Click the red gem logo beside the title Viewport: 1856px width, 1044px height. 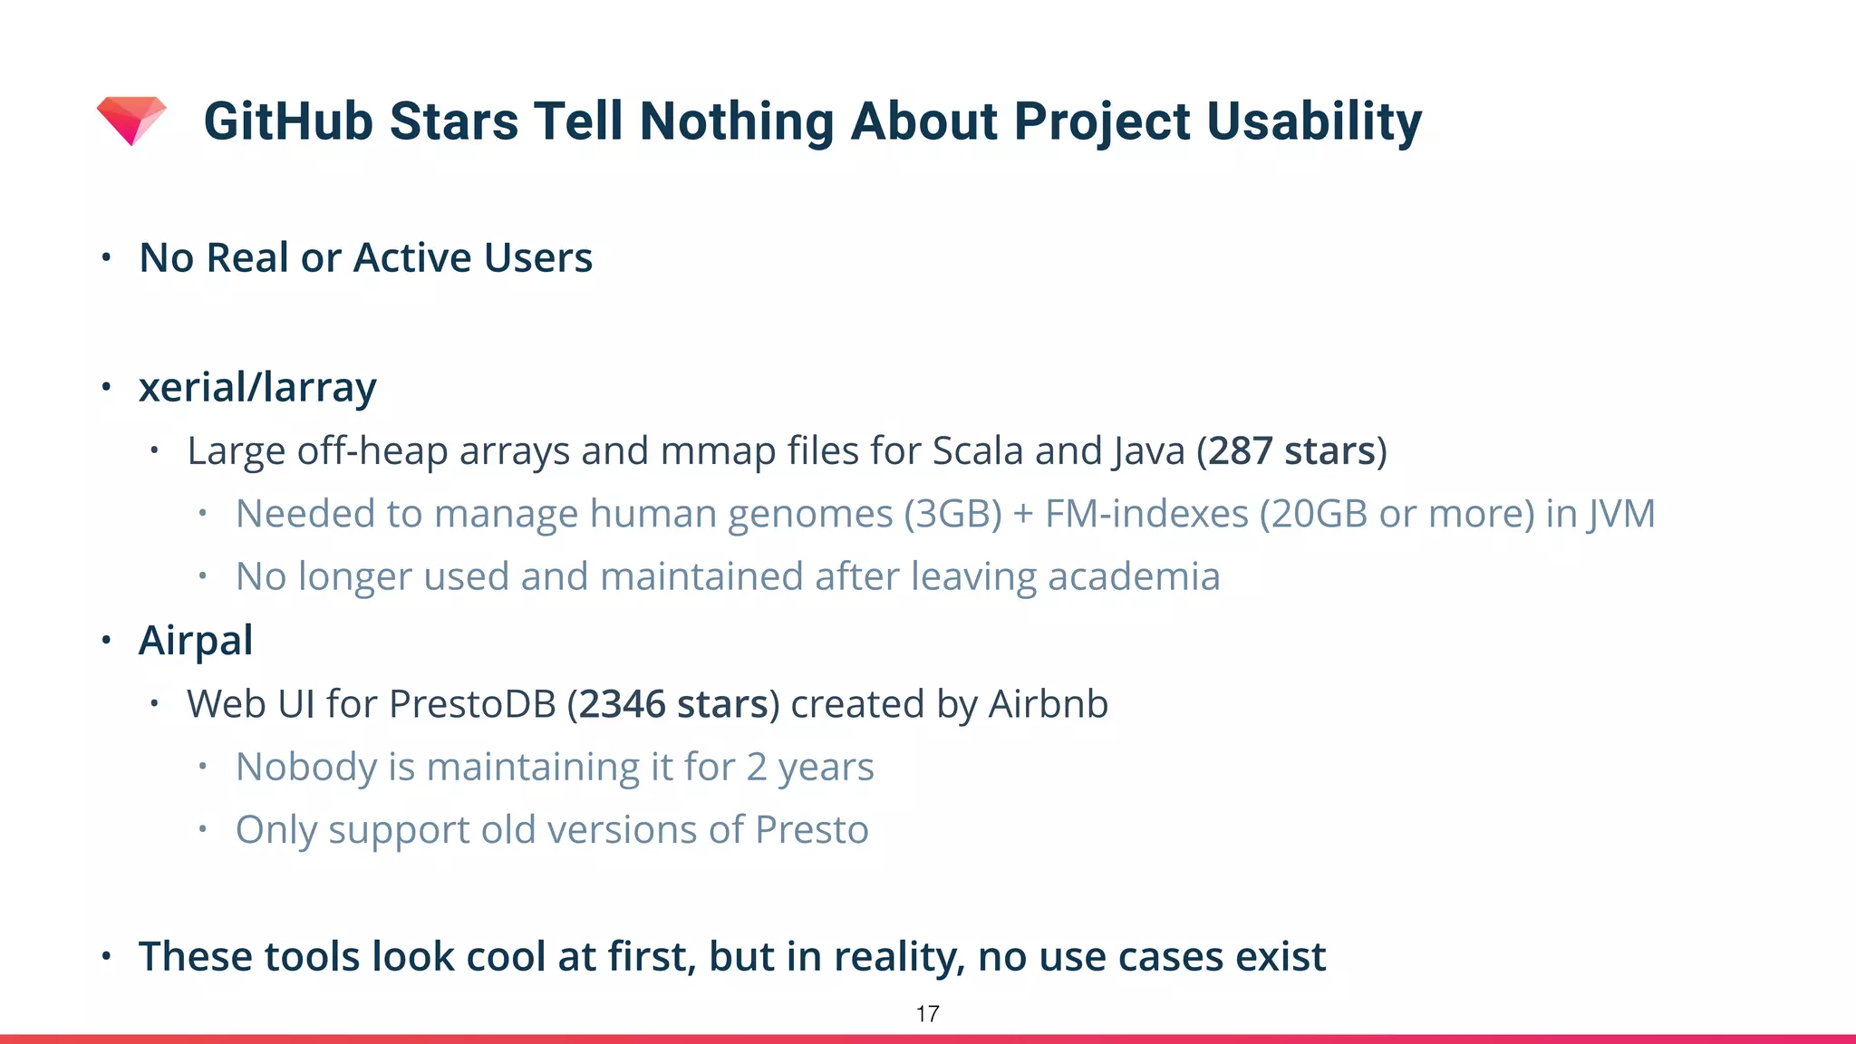click(131, 120)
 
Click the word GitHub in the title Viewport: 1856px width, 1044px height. click(287, 121)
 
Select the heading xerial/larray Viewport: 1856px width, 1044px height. click(257, 388)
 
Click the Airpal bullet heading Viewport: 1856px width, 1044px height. click(196, 641)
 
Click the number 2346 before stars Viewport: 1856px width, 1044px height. click(622, 704)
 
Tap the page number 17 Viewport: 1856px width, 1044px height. click(927, 1014)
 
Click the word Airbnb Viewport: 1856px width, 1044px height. click(1048, 704)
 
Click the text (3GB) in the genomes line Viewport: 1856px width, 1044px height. click(952, 514)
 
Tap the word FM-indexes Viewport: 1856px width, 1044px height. click(1146, 514)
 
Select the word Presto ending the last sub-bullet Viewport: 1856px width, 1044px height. click(812, 830)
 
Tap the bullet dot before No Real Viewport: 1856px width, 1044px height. click(106, 258)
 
